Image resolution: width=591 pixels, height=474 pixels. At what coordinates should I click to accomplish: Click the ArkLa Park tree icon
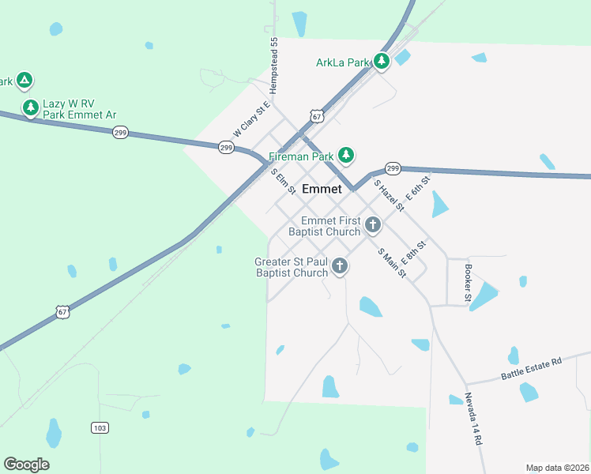click(382, 61)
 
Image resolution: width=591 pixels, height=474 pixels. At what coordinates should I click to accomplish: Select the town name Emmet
click(322, 189)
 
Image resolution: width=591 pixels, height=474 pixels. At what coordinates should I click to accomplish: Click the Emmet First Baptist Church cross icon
click(373, 225)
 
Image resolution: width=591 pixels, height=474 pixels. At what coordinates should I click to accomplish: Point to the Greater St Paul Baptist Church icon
click(340, 266)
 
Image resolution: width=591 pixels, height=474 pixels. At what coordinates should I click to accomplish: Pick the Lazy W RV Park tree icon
click(31, 107)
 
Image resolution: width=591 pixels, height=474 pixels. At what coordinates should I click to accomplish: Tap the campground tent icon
click(24, 80)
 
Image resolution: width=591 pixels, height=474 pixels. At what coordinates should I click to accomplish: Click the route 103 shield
click(99, 428)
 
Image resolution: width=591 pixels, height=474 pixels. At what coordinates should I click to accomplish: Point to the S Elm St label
click(283, 182)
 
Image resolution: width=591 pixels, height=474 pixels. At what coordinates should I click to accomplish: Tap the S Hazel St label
click(389, 196)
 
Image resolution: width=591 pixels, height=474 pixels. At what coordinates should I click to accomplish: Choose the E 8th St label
click(414, 252)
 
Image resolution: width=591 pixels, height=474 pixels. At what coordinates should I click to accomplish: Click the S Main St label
click(392, 264)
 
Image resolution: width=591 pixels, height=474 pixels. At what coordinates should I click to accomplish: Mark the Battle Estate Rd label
click(531, 369)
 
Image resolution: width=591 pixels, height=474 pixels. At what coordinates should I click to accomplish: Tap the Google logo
click(26, 465)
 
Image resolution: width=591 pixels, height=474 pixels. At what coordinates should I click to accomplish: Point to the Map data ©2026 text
click(557, 467)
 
